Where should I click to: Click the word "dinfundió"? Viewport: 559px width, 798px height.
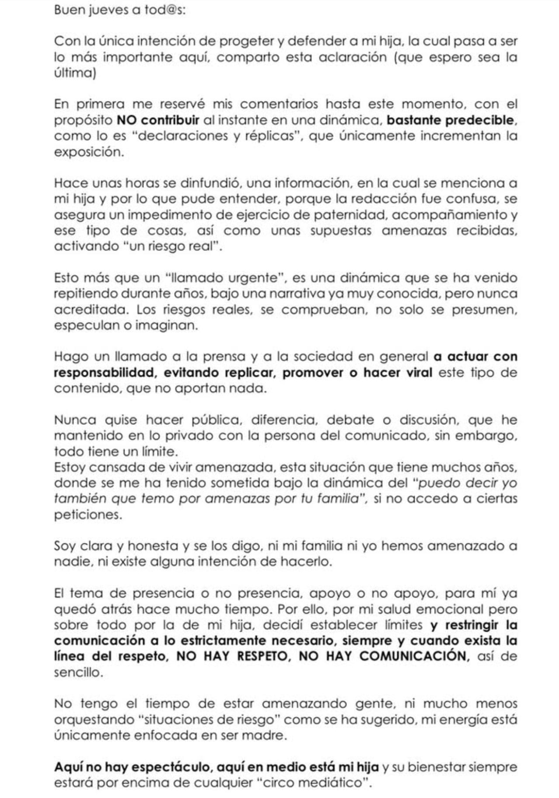point(207,183)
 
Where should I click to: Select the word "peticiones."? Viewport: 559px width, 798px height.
point(88,514)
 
